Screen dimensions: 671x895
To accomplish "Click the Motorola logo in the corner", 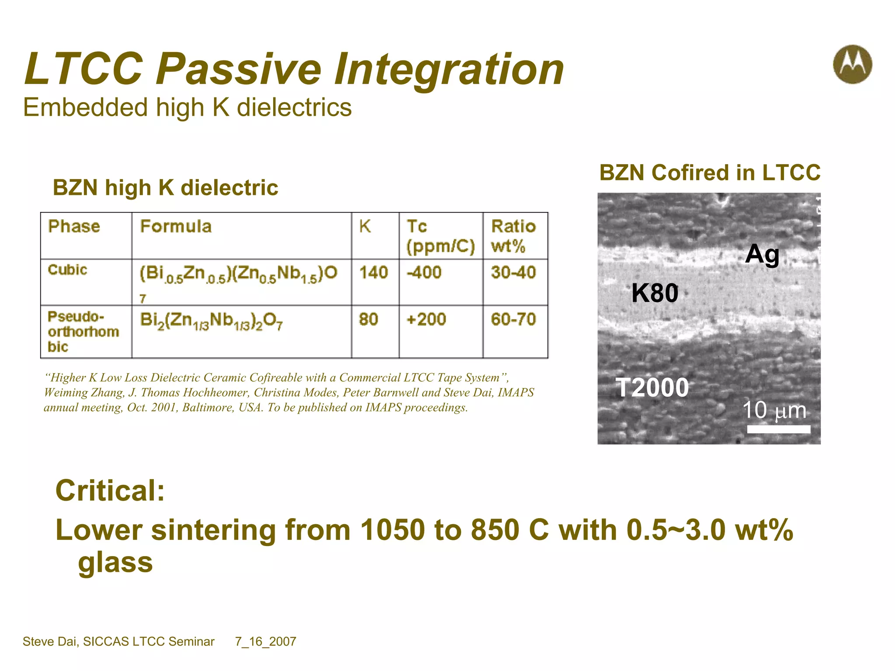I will pos(852,65).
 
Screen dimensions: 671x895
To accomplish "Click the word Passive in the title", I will pos(239,69).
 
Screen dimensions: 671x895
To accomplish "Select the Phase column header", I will pos(74,226).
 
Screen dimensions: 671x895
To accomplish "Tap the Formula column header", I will pos(176,226).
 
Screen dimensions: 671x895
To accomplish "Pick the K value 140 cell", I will pos(374,273).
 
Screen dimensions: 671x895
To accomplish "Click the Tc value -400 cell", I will pos(424,273).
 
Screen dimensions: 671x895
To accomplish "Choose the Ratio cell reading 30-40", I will pos(513,273).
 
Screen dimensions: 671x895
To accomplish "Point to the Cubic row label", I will pos(67,270).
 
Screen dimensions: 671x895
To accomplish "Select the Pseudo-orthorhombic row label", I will pos(83,331).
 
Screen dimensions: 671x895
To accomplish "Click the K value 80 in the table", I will pos(368,319).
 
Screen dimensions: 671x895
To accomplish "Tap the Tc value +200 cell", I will pos(426,319).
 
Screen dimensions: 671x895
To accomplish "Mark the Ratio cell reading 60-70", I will pos(513,319).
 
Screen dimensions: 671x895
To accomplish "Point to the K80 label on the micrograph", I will pos(655,293).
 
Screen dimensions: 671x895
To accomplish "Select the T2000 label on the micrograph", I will pos(652,387).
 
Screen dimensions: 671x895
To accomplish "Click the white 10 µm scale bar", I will pos(778,429).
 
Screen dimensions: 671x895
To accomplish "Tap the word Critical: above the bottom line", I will pos(110,491).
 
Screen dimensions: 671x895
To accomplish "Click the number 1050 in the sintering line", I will pos(392,530).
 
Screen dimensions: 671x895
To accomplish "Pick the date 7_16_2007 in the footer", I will pos(266,641).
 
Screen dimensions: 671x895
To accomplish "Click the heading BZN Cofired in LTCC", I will pos(710,173).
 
